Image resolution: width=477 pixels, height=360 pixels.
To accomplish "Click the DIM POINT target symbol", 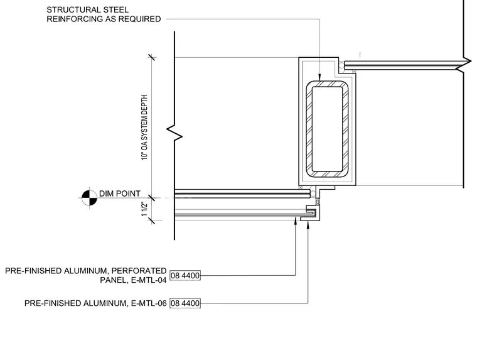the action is [x=89, y=198].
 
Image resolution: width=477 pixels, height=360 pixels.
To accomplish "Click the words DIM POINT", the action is [x=119, y=194].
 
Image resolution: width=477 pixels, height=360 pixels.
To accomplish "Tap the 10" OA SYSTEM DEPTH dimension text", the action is [x=144, y=127].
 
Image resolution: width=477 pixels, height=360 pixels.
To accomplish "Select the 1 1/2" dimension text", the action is [x=144, y=209].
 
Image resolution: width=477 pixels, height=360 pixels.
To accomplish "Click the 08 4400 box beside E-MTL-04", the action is [x=185, y=276].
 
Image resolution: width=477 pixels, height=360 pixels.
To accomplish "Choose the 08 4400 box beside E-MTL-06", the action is [x=185, y=303].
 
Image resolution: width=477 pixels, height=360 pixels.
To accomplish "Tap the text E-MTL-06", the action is [x=149, y=303].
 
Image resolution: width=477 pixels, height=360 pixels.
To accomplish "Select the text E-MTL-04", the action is [x=149, y=280].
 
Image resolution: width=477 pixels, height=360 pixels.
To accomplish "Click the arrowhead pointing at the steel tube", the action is [x=319, y=77].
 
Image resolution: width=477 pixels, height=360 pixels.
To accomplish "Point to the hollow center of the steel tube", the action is [x=328, y=129].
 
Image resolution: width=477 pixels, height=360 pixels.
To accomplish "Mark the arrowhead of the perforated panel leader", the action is [x=296, y=221].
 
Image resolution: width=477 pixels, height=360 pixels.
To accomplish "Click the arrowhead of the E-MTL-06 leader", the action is [x=308, y=225].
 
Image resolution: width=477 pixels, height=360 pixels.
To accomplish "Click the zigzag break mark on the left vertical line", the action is [x=174, y=133].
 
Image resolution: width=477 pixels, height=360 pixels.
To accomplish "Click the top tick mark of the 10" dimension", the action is [x=152, y=57].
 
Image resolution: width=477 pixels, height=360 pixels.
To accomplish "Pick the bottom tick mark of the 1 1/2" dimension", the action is [x=152, y=221].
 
